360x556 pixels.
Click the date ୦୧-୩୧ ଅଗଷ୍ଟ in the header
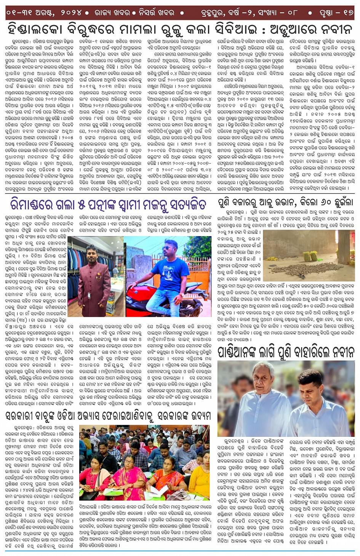pyautogui.click(x=30, y=13)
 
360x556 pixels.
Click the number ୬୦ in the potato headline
pyautogui.click(x=316, y=202)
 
